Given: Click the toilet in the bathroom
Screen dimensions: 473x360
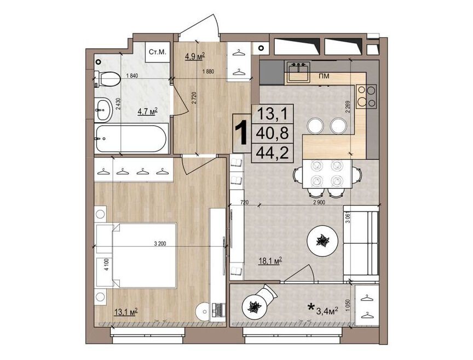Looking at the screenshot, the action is [107, 79].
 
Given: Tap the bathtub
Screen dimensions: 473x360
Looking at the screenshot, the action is [131, 139].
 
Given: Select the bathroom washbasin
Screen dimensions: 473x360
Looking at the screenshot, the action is [103, 110].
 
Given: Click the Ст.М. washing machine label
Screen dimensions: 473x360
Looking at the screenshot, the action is [158, 52].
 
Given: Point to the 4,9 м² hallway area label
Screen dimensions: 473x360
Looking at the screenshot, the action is [195, 56].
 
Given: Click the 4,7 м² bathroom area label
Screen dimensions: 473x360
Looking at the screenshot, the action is [148, 112].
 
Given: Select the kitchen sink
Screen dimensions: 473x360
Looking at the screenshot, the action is [298, 72].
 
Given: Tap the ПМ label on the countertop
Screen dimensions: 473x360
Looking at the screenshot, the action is [324, 76].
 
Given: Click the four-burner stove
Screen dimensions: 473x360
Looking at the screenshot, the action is [366, 96].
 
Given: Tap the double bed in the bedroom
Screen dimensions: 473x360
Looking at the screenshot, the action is [136, 255].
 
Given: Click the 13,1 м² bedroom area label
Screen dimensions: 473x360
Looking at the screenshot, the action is [126, 311].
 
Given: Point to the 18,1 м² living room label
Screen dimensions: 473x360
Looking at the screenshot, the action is [270, 260].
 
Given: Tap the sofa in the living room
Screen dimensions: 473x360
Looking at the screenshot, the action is [361, 243].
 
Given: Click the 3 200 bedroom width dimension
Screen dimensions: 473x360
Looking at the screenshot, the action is [160, 243].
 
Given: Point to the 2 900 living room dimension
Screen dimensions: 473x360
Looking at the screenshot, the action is [319, 202].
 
